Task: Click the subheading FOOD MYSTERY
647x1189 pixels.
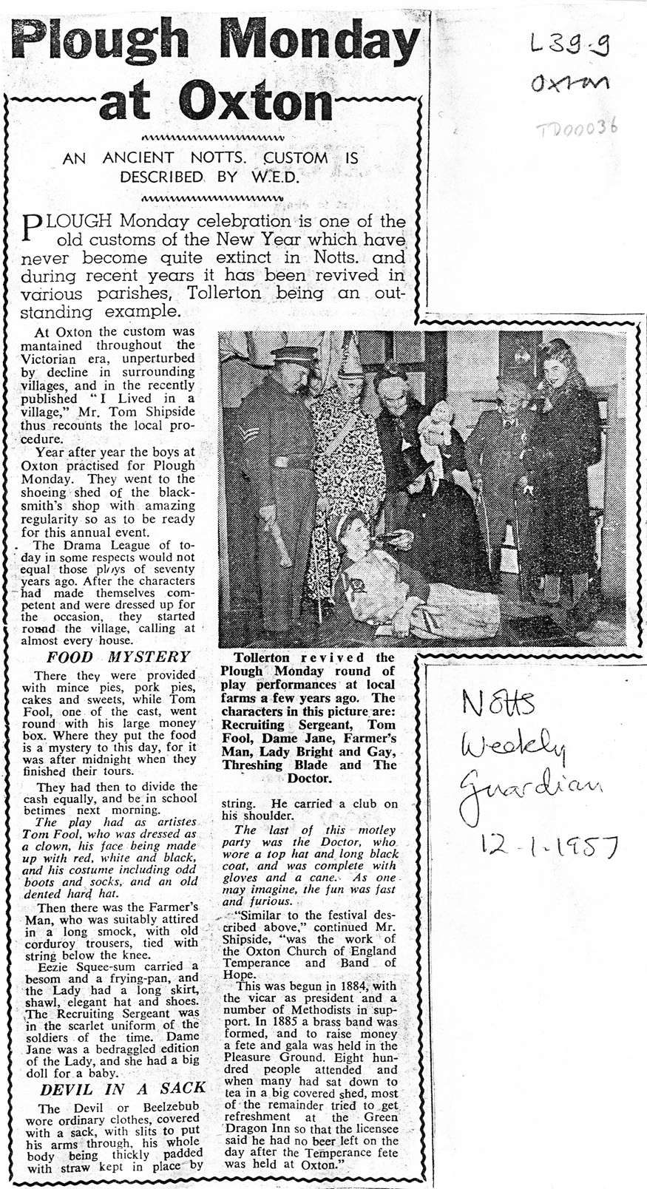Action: pyautogui.click(x=119, y=657)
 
